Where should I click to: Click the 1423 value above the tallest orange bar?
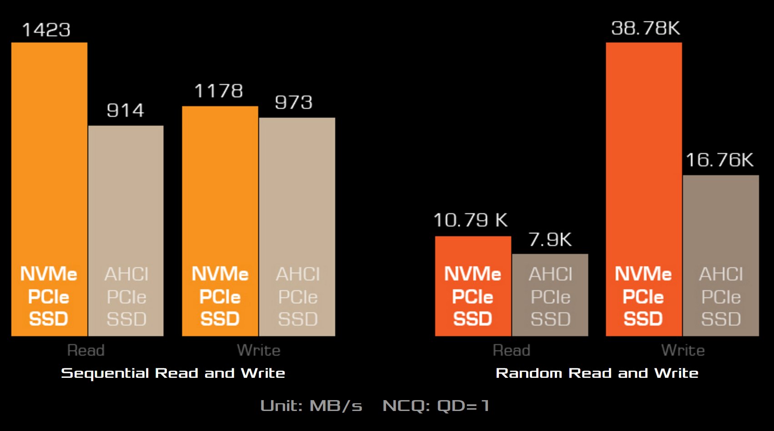(46, 30)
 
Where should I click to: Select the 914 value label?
(126, 110)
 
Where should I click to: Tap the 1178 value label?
(219, 91)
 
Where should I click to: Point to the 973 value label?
(294, 102)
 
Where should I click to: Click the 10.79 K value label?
(471, 221)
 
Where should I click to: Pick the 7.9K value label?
(550, 240)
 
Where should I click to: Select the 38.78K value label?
(645, 29)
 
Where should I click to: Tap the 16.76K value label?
(719, 160)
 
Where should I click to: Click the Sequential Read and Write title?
(173, 373)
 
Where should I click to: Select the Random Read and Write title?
(597, 373)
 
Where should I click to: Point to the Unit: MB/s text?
(311, 406)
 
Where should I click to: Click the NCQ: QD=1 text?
(436, 406)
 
